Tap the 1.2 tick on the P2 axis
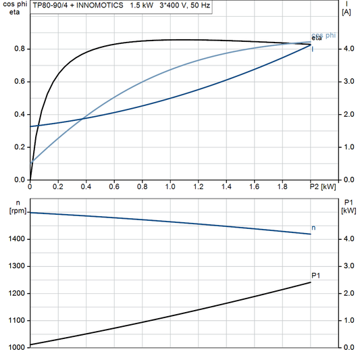(x=198, y=186)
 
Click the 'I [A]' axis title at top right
(x=346, y=8)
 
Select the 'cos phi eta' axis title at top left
(x=13, y=8)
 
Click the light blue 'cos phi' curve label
(x=322, y=36)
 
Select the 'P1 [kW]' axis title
(x=349, y=207)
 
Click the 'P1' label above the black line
(x=315, y=275)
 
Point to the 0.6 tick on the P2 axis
(x=114, y=186)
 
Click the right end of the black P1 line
(x=311, y=282)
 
